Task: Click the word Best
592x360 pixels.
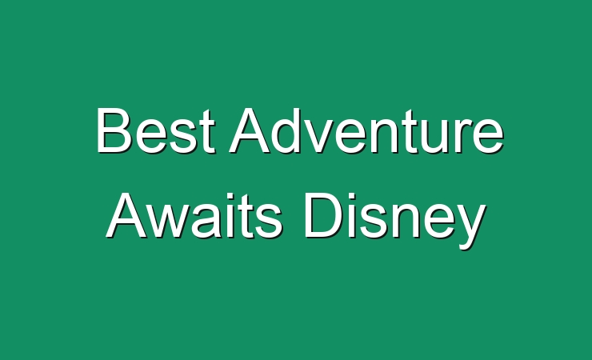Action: (156, 130)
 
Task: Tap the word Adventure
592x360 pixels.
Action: (366, 130)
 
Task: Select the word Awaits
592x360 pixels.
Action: (194, 215)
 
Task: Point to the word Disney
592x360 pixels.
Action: (395, 220)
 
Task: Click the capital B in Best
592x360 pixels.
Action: (114, 130)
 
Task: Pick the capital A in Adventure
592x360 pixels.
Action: (249, 130)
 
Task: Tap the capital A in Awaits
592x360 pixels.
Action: (126, 215)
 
